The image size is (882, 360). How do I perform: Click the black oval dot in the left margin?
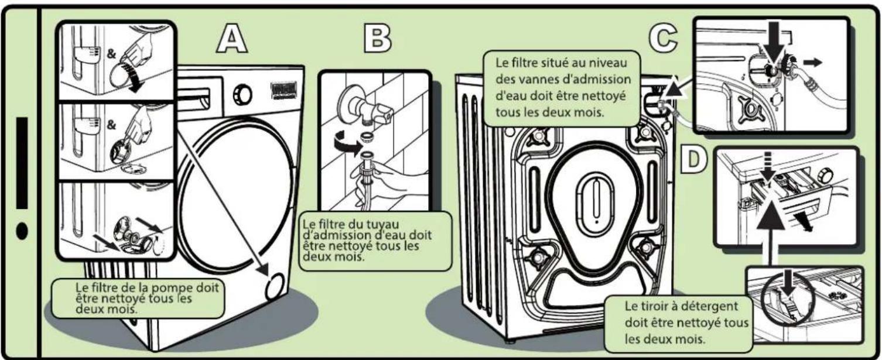[x=22, y=231]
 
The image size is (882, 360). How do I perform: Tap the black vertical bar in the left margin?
[x=22, y=162]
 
